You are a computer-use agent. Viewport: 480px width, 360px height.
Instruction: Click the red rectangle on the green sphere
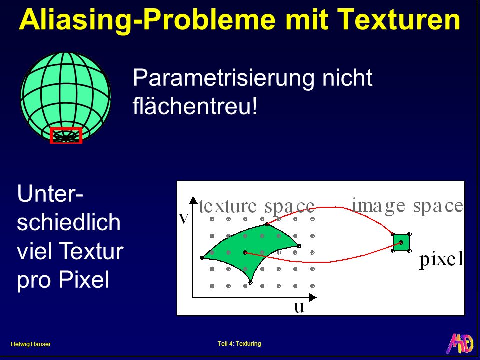[66, 135]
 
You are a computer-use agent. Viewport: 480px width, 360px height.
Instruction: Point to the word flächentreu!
[195, 105]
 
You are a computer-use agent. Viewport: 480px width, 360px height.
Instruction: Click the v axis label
[183, 218]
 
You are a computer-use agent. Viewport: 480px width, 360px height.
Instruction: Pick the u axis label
[299, 307]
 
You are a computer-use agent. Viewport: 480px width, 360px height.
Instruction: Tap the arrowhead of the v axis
[193, 200]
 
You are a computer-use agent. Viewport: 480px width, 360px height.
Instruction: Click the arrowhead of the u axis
[313, 297]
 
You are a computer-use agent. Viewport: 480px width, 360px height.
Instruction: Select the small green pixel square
[401, 243]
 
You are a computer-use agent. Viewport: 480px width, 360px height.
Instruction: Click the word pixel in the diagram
[441, 260]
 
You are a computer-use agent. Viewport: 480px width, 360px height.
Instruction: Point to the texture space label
[257, 206]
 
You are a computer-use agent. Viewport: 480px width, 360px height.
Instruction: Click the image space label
[408, 206]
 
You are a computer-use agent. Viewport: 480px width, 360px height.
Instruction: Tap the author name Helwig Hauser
[30, 344]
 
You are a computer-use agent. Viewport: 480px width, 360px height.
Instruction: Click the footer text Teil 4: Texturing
[239, 344]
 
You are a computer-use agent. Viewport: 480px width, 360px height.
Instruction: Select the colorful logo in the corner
[461, 343]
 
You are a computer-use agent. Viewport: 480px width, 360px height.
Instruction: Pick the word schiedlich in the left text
[69, 222]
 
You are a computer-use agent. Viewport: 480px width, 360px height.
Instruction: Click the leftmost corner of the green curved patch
[202, 258]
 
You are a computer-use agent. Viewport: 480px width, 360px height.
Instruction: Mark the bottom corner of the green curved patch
[251, 283]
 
